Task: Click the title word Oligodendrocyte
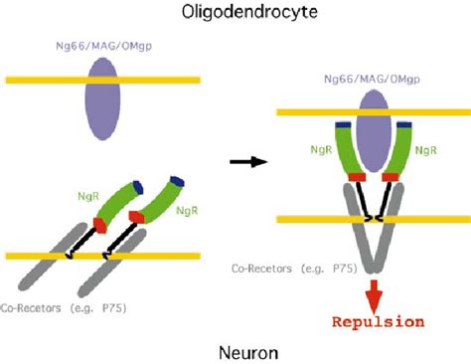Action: click(x=235, y=13)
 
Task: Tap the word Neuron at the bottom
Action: click(x=235, y=351)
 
